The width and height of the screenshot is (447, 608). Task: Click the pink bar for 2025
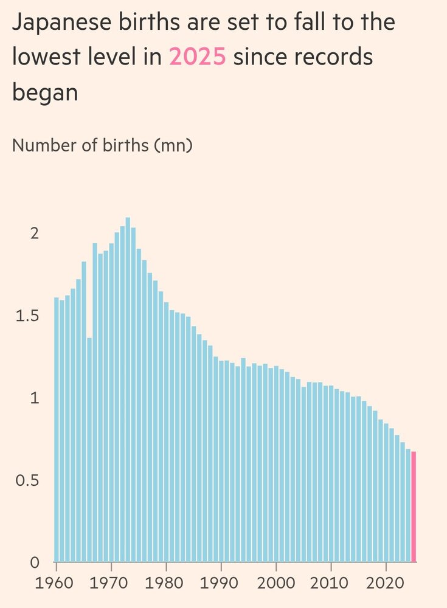point(414,507)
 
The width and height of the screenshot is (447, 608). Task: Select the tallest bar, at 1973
point(128,389)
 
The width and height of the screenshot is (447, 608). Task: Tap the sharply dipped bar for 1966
point(89,450)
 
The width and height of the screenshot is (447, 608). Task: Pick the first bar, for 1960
point(57,429)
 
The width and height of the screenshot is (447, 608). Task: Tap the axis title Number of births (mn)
point(102,147)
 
